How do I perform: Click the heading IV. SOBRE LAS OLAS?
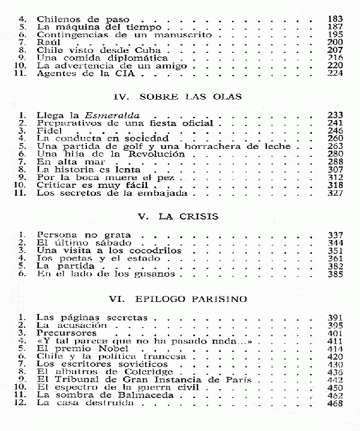coord(181,97)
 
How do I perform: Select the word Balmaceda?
coord(130,396)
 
